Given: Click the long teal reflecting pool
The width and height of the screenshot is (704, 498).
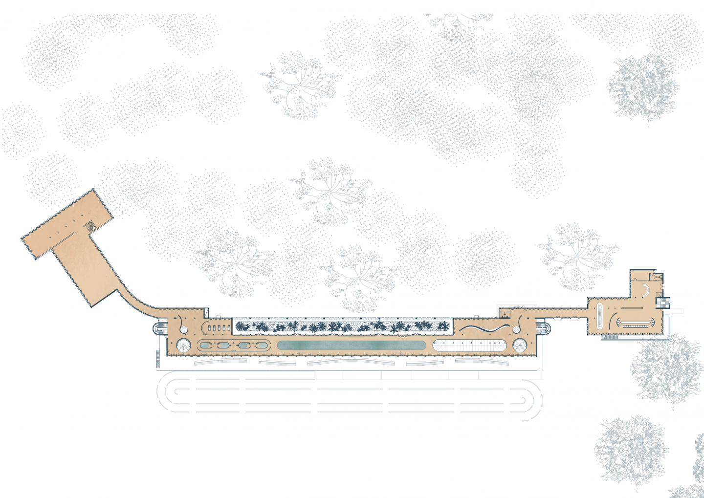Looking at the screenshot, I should tap(351, 345).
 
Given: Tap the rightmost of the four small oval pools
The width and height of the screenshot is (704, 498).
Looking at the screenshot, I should tap(261, 346).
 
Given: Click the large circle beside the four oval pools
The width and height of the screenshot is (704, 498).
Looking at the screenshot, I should tap(183, 345).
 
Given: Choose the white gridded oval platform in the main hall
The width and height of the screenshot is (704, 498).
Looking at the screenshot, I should tap(469, 346).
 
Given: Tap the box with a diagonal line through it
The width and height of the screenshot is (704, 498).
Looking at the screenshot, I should tap(206, 312).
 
